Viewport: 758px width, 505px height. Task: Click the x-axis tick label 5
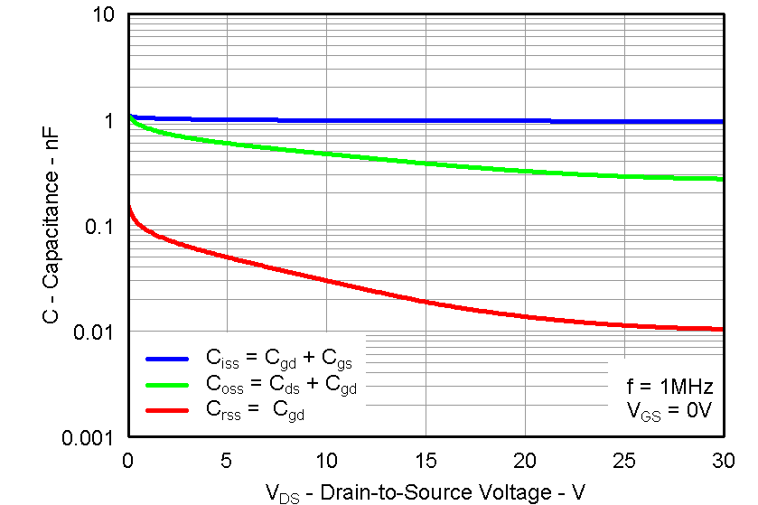(x=227, y=459)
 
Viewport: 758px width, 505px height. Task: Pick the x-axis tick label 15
(x=426, y=459)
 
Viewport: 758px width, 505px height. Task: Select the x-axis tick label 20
(x=525, y=459)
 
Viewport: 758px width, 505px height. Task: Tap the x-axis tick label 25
(x=624, y=459)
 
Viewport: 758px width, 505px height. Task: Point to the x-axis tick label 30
(x=723, y=459)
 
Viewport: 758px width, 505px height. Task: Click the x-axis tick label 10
(x=326, y=459)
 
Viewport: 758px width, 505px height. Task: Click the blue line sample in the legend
(x=166, y=359)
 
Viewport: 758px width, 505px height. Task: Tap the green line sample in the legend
(x=166, y=385)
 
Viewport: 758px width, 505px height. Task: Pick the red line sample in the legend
(x=166, y=411)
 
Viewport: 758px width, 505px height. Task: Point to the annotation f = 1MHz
(x=670, y=387)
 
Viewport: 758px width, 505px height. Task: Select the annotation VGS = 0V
(x=670, y=411)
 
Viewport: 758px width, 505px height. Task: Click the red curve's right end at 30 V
(x=722, y=329)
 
